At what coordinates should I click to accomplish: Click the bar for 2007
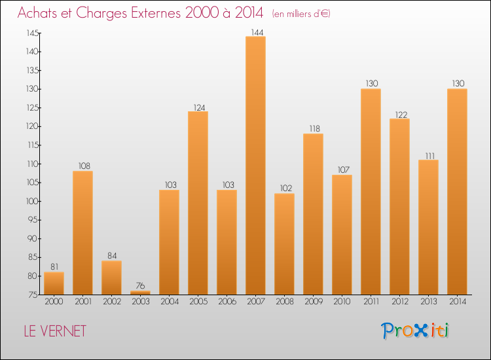tap(255, 165)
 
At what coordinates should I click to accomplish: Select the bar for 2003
tap(140, 293)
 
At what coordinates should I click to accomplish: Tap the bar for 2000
tap(54, 283)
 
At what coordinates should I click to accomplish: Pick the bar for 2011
tap(371, 191)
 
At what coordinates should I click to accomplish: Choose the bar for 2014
tap(457, 191)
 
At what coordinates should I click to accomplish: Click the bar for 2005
tap(198, 203)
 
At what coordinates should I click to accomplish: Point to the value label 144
tap(255, 31)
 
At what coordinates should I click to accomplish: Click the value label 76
tap(140, 285)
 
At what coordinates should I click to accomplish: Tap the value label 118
tap(313, 129)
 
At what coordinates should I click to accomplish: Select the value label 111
tap(428, 155)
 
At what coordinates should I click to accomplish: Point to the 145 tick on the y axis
tap(32, 33)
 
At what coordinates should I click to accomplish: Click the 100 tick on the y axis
tap(32, 201)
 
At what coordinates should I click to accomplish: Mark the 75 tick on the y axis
tap(33, 295)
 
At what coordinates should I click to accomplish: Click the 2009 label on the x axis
tap(313, 302)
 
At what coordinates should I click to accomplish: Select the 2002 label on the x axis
tap(111, 302)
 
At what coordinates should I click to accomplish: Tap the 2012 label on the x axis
tap(399, 302)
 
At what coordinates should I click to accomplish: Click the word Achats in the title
tap(40, 13)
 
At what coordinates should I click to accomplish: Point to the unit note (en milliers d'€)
tap(301, 14)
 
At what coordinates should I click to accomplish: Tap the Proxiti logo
tap(415, 331)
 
